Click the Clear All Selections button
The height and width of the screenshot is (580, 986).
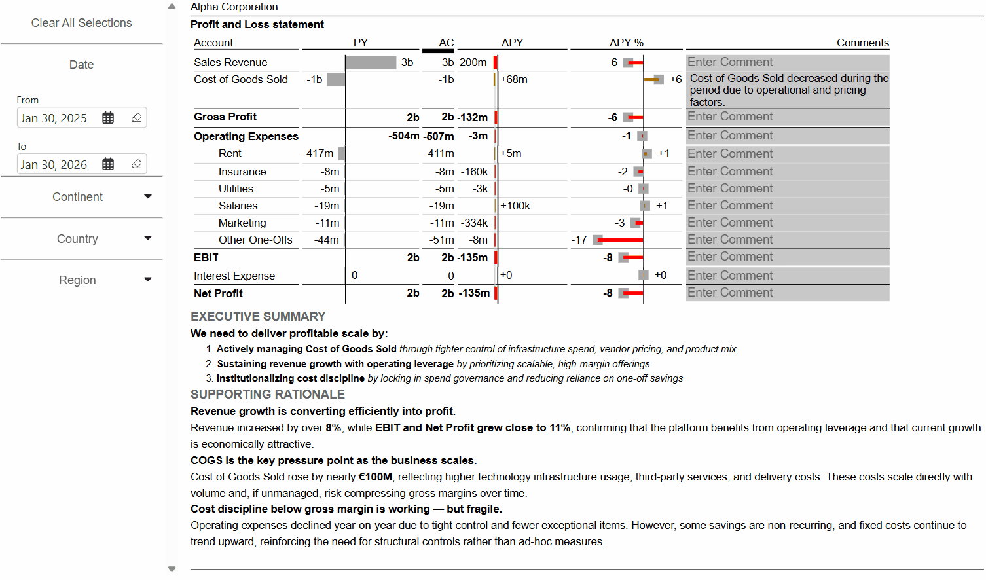point(81,23)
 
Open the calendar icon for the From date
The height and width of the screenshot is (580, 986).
point(108,118)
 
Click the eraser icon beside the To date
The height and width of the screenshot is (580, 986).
point(136,164)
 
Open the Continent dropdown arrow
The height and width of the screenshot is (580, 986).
point(148,196)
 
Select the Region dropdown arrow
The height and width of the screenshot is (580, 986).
point(148,280)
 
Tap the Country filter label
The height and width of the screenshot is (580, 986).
point(77,239)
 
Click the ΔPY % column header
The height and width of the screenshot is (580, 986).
point(626,43)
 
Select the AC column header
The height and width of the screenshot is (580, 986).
point(446,43)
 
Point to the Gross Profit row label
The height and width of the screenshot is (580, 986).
point(225,117)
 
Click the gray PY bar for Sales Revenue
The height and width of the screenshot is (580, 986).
point(371,63)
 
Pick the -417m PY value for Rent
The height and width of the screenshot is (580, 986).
point(318,154)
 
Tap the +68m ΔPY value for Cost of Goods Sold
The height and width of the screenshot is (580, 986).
point(514,80)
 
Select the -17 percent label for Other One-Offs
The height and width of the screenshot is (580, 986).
point(579,240)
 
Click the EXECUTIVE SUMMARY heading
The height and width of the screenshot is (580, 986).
point(258,317)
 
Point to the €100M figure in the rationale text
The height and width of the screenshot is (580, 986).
point(375,477)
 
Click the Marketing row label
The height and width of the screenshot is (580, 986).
point(242,223)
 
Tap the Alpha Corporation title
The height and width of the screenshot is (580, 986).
point(234,7)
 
